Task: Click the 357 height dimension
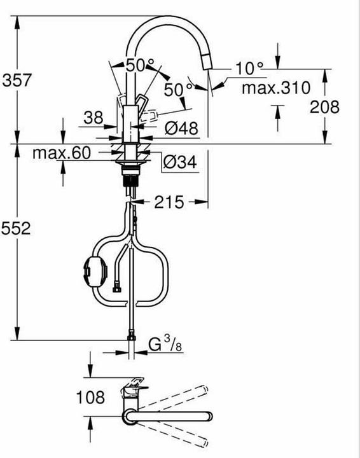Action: pyautogui.click(x=17, y=80)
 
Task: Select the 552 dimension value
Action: pyautogui.click(x=17, y=229)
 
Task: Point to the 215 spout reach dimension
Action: pyautogui.click(x=169, y=202)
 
